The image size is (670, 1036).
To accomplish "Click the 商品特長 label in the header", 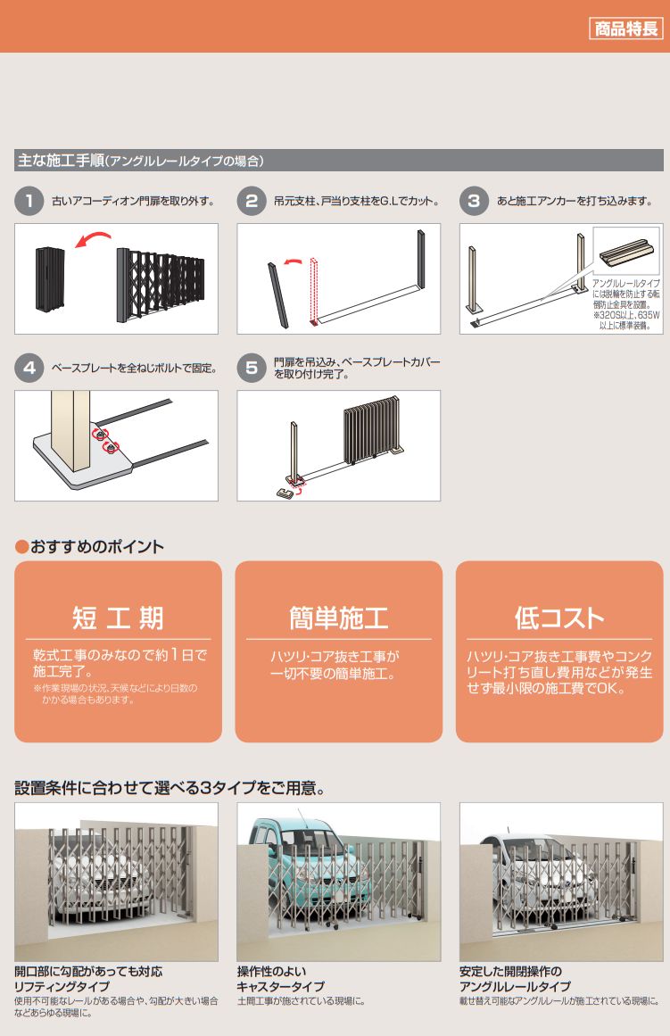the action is tap(625, 29).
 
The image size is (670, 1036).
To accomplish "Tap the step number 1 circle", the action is tap(29, 201).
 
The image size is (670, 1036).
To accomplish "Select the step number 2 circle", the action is tap(252, 201).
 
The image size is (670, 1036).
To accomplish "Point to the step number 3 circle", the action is tap(474, 201).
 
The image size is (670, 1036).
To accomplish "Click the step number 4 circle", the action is tap(29, 368).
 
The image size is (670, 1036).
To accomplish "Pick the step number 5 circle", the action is tap(252, 368).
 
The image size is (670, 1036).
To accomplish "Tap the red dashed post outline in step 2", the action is tap(315, 292).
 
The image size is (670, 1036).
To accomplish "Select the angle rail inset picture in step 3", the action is tap(625, 251).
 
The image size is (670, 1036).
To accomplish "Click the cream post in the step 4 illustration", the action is tap(70, 429).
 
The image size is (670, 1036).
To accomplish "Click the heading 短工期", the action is tap(118, 617).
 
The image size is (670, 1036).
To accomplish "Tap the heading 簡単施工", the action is tap(338, 617).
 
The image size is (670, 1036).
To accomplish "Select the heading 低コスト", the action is tap(559, 617).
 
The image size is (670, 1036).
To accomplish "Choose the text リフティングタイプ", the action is tap(62, 986).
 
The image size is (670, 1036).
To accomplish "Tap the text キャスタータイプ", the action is tap(281, 986).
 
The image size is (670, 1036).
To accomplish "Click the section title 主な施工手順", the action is tap(61, 161).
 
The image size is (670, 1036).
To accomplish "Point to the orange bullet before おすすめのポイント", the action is tap(21, 546).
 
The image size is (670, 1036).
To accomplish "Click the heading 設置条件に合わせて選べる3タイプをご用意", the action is tap(170, 788).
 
